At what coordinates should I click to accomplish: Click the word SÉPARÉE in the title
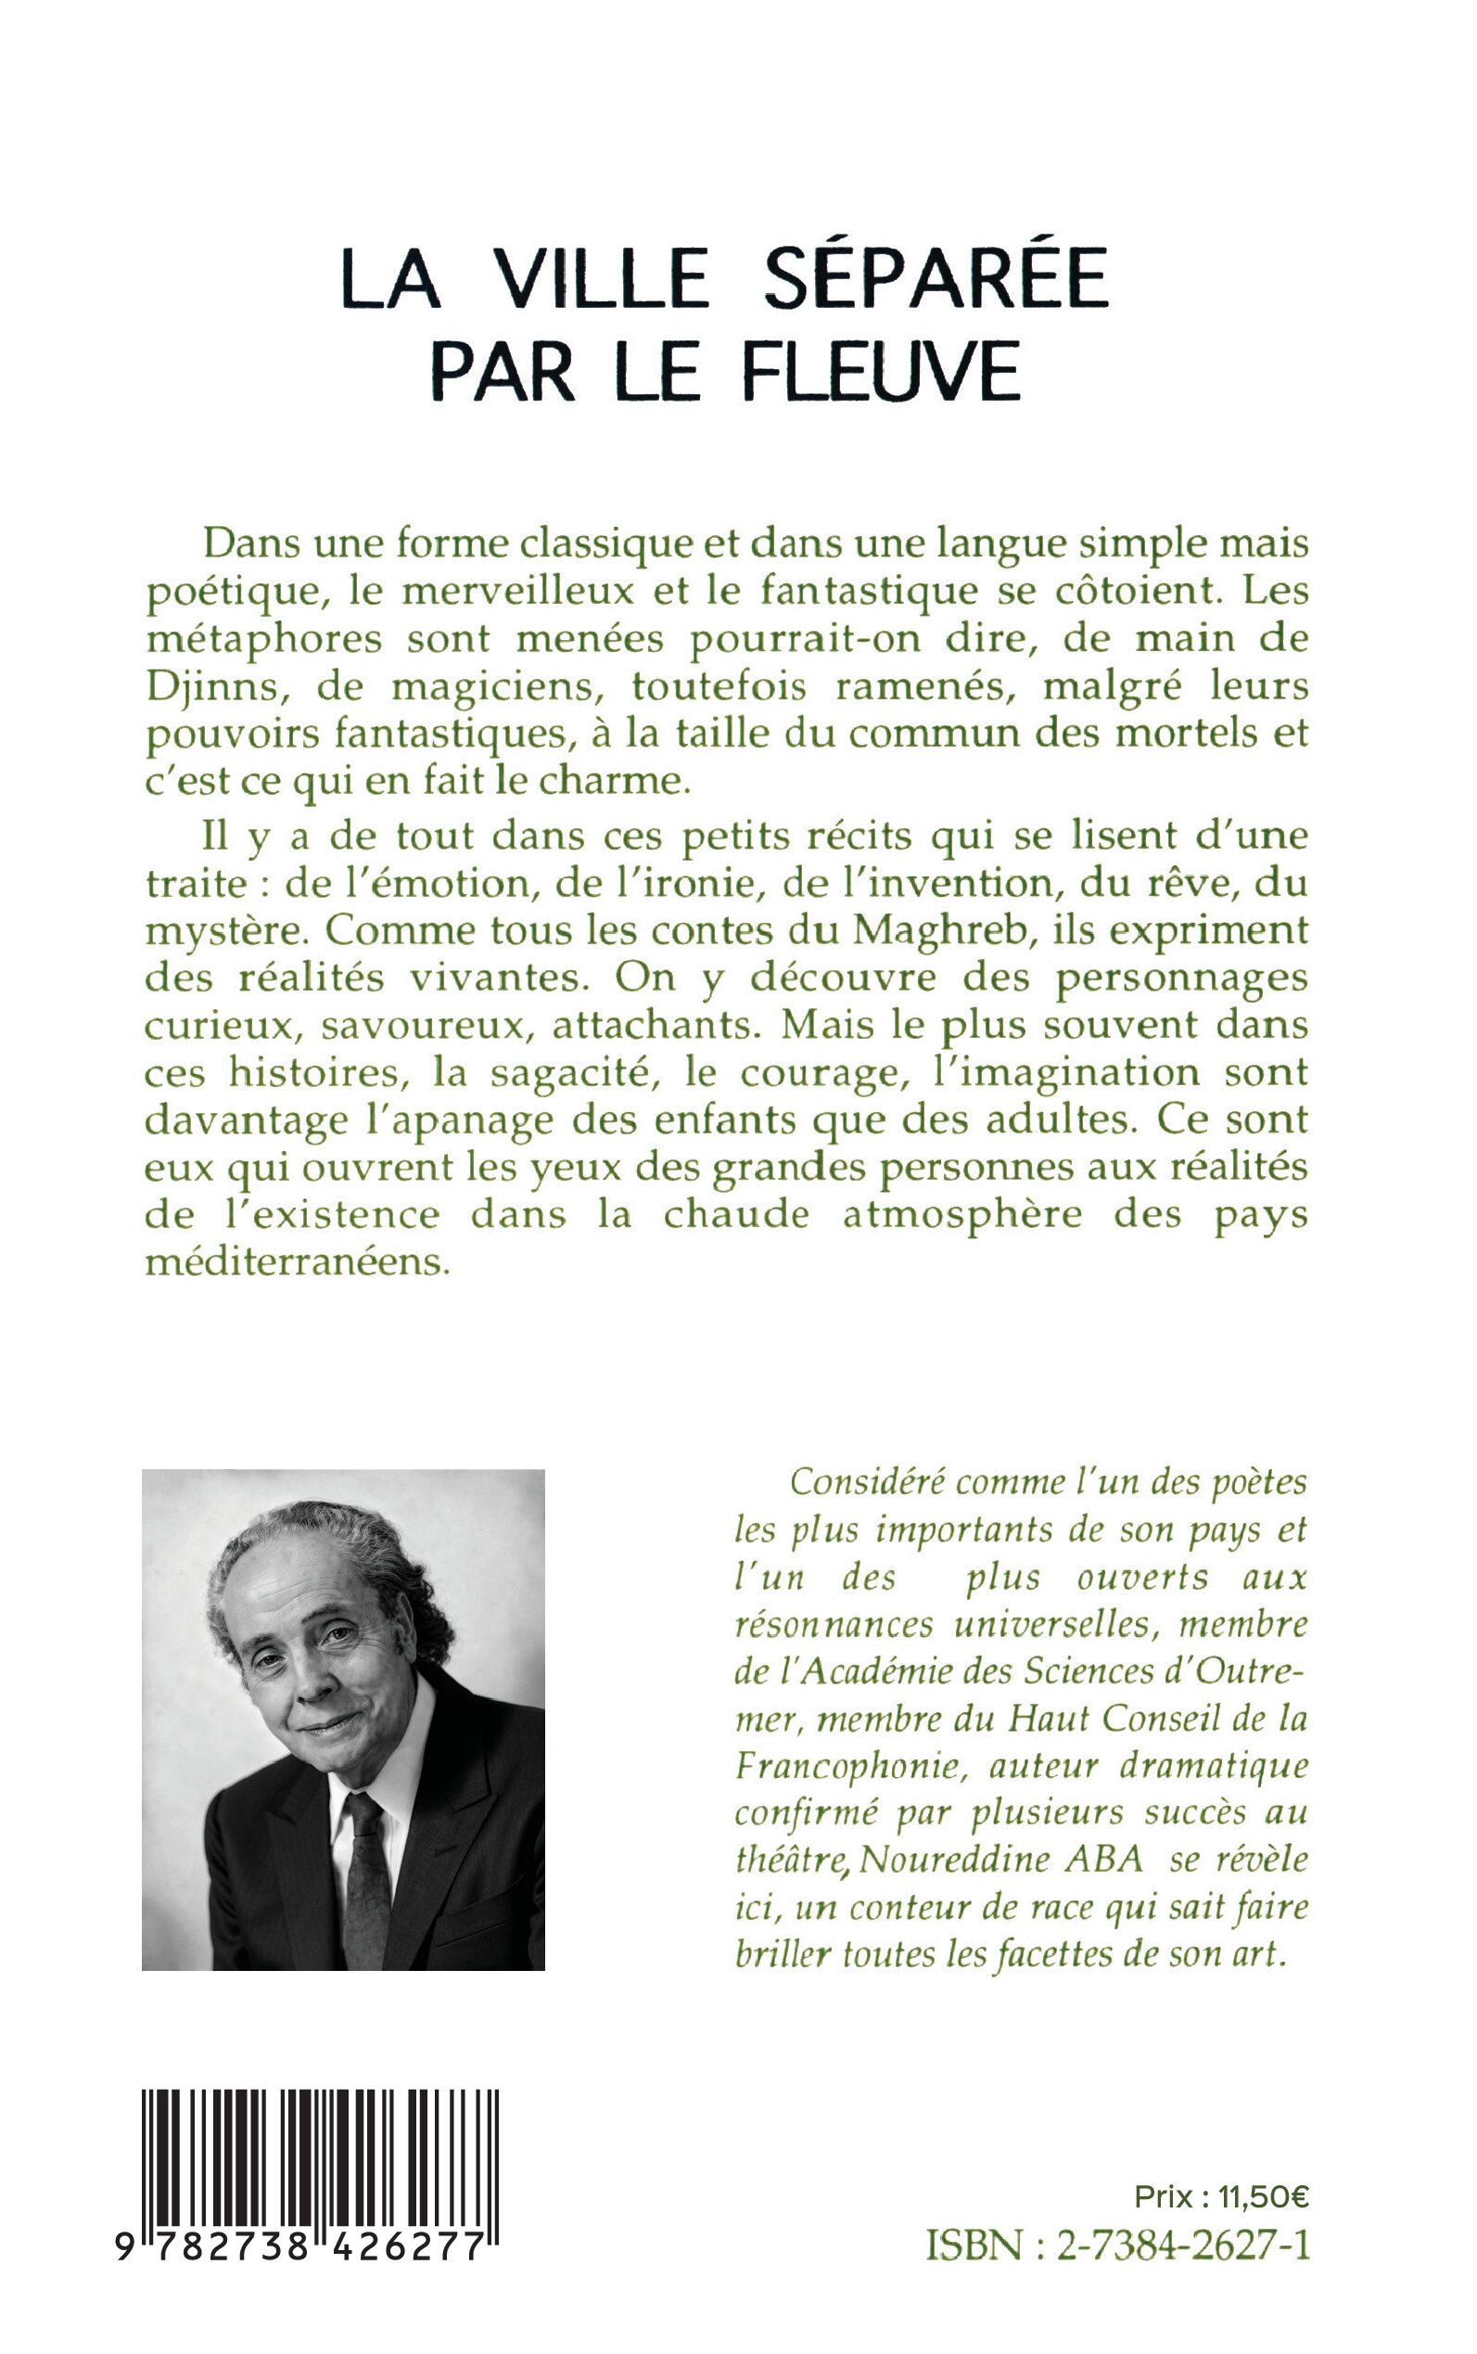tap(935, 278)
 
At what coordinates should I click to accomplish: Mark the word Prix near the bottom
tap(1164, 2197)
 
